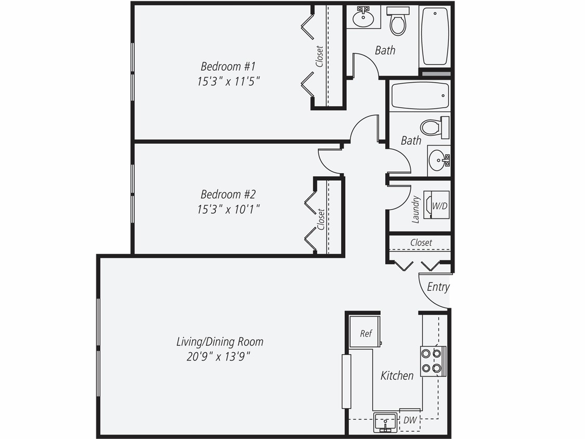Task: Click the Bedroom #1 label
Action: pos(228,67)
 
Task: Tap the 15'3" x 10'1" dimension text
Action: pos(228,209)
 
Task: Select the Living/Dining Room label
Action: pos(219,342)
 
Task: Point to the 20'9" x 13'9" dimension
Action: pos(219,357)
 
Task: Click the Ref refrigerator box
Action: pos(366,333)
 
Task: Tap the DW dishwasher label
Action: pos(409,420)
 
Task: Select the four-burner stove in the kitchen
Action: pos(433,361)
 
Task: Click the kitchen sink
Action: pos(385,422)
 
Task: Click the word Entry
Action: pos(438,287)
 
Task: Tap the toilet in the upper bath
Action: pos(398,22)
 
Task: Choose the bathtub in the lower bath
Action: pos(420,96)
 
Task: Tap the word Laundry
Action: pos(415,209)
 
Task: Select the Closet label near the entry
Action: pos(421,242)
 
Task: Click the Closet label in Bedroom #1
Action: pos(320,56)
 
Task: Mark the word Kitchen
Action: pos(397,376)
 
